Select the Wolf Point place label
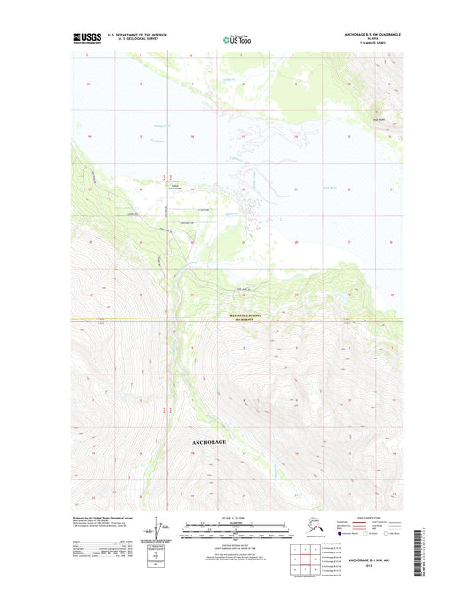(378, 118)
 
